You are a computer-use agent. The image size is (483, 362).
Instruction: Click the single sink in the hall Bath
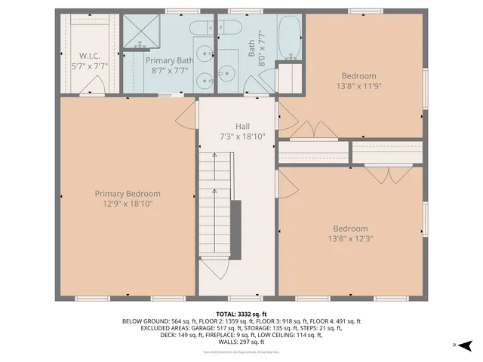click(228, 74)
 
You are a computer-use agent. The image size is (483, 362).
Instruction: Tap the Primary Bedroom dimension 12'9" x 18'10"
click(127, 204)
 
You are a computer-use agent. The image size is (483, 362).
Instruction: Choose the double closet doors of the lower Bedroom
click(388, 174)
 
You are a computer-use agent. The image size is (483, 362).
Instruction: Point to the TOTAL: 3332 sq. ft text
click(241, 313)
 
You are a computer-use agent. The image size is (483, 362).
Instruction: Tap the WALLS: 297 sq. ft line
click(241, 343)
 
